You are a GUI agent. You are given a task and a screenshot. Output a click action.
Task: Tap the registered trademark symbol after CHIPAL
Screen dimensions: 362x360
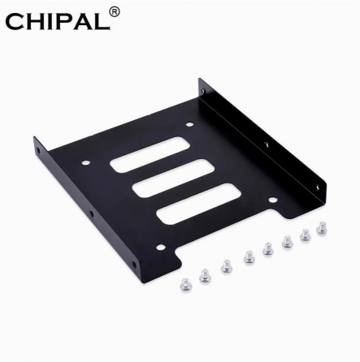click(114, 12)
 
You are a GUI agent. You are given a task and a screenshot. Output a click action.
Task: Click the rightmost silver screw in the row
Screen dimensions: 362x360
click(323, 230)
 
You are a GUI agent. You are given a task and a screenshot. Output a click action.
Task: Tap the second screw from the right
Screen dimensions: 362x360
click(306, 235)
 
